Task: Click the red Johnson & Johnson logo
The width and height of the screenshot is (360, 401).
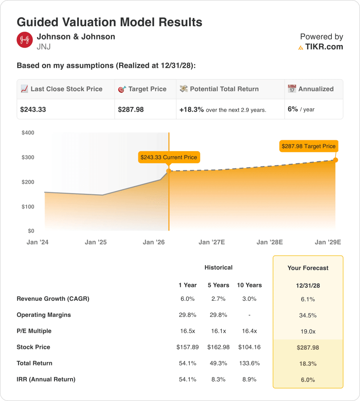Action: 25,40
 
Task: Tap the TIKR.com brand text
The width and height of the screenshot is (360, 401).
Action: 324,47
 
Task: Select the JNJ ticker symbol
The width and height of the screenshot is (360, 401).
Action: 43,47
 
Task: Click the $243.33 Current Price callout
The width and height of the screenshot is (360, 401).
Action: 168,157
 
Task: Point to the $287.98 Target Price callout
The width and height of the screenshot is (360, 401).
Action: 308,146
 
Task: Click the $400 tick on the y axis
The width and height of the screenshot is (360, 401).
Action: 28,133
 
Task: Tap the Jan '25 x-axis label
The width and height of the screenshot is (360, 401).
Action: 96,242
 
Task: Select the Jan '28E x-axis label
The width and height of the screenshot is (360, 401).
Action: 270,242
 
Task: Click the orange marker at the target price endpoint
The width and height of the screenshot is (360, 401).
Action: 335,160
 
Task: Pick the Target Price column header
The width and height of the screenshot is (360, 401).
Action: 147,89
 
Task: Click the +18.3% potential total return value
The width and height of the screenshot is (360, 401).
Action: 192,110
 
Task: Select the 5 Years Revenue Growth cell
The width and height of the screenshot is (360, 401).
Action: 218,299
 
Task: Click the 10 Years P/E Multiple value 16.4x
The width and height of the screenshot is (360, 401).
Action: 249,331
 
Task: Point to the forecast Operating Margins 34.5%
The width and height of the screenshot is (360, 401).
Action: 308,315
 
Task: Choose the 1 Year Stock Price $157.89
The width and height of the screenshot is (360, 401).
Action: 187,347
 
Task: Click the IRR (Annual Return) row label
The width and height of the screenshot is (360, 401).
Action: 46,379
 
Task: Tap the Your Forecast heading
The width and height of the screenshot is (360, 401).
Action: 308,268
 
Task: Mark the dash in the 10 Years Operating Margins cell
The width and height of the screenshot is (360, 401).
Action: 249,315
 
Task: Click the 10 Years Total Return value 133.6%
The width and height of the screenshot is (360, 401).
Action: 249,363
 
